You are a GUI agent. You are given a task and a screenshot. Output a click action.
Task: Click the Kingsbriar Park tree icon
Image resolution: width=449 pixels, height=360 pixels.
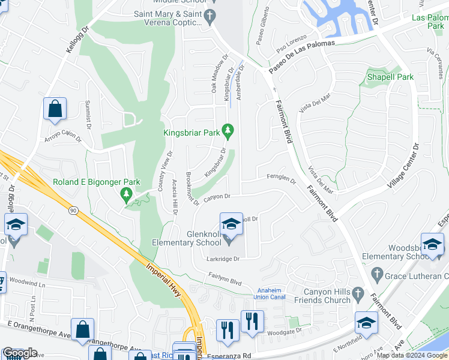click(x=228, y=130)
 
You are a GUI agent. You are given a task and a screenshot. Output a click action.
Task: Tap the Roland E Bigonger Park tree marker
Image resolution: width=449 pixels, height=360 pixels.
click(x=126, y=194)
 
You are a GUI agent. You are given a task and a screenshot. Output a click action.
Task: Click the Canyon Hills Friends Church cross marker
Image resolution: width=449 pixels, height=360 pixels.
click(x=358, y=294)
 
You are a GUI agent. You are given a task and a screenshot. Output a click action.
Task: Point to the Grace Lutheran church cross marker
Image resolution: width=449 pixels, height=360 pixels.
click(x=377, y=275)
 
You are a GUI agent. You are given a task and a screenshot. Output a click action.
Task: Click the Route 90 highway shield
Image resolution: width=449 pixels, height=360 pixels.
click(x=73, y=211)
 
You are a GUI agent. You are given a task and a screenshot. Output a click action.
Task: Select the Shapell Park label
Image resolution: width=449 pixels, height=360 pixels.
click(x=391, y=77)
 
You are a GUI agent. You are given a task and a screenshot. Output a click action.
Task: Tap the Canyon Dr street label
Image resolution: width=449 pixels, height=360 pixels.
click(x=217, y=197)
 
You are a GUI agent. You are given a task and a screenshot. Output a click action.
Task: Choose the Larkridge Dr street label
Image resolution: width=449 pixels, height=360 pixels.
click(x=224, y=259)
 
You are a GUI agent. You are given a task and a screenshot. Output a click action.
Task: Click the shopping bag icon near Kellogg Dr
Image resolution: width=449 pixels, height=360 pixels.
click(x=55, y=109)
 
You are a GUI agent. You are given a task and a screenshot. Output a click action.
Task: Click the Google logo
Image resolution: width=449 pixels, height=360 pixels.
click(x=20, y=353)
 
